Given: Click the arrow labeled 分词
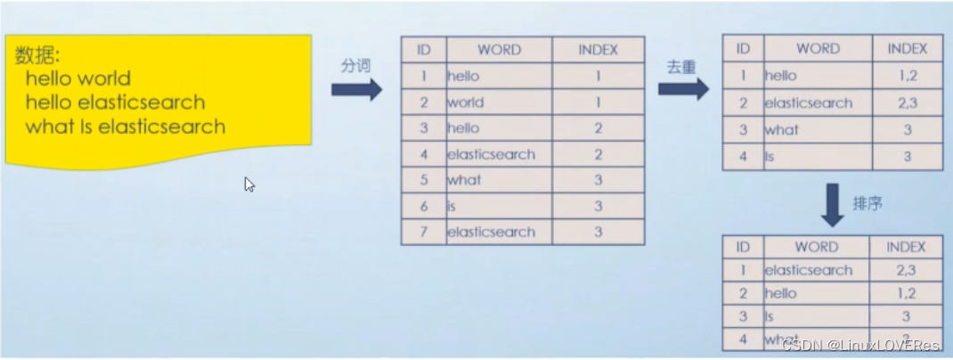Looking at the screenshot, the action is (x=356, y=89).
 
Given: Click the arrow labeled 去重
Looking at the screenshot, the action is (x=683, y=88).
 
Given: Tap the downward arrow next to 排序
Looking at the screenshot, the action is (x=832, y=204).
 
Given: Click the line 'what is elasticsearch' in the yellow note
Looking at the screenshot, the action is (x=126, y=127).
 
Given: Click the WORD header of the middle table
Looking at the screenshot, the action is (x=499, y=50).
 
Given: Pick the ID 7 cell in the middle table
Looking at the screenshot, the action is (x=424, y=232).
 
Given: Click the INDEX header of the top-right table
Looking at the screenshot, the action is (x=907, y=49).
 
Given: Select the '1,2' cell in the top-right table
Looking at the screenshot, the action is (x=907, y=76).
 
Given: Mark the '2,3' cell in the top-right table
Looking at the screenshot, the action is (x=907, y=102).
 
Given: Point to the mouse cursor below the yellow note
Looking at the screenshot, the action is (x=249, y=184).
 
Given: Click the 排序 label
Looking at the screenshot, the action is (x=867, y=204).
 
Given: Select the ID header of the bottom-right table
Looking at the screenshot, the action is (x=743, y=247).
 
